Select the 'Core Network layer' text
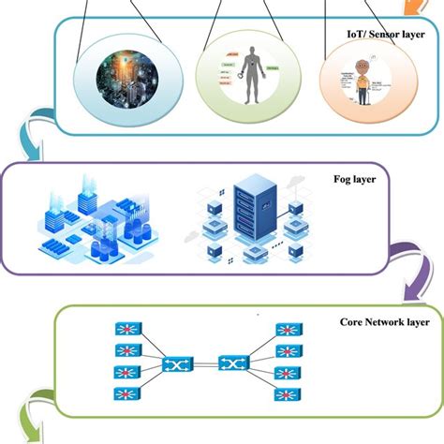pos(384,321)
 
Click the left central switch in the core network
pos(176,363)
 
